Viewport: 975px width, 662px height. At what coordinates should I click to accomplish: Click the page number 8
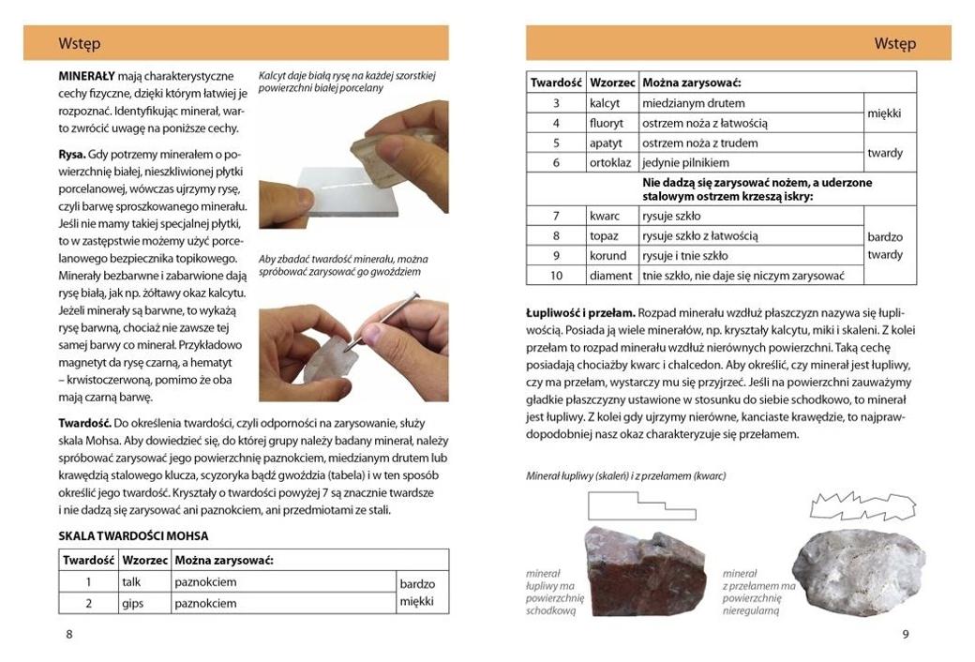click(x=68, y=634)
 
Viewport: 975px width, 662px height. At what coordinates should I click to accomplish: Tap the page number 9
click(x=906, y=634)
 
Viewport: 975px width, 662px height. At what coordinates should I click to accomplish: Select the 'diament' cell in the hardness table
click(x=610, y=276)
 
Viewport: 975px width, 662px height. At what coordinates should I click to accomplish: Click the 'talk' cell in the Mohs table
click(x=131, y=582)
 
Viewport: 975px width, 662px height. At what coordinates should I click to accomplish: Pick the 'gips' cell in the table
click(x=132, y=603)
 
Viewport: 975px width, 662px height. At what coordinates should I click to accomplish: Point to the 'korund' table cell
click(x=607, y=255)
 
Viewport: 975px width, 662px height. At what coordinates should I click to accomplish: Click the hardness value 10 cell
click(x=556, y=276)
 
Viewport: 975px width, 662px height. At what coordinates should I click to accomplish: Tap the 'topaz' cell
click(x=606, y=235)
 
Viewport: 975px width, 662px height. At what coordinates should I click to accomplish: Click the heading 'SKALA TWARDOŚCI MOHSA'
click(x=133, y=536)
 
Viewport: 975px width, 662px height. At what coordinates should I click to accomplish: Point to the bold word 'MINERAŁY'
click(x=86, y=74)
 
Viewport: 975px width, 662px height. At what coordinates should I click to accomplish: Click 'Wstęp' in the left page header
click(x=80, y=43)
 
